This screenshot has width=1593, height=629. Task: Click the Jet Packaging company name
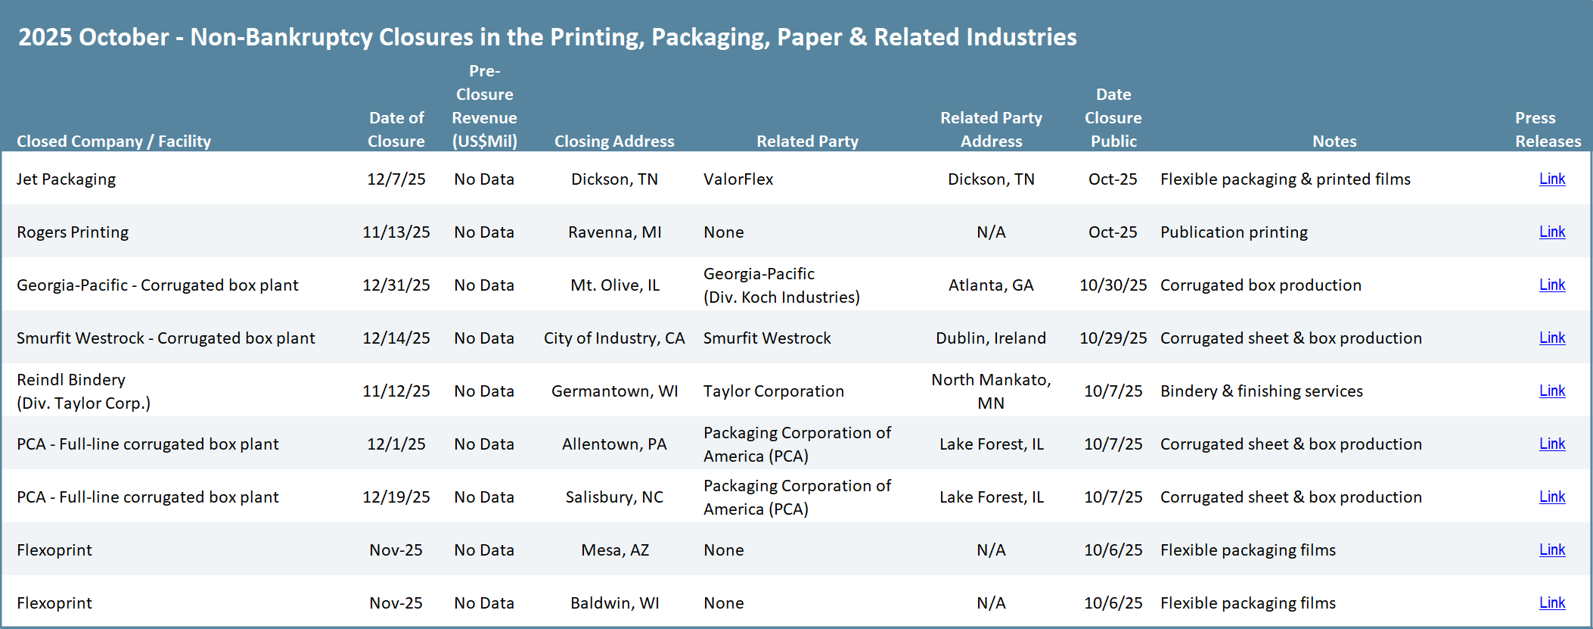tap(67, 179)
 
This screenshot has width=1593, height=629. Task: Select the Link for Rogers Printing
tap(1552, 232)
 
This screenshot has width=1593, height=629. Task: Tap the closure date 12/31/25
tap(396, 285)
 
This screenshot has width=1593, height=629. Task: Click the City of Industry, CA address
tap(614, 338)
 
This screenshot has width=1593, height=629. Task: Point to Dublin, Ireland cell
tap(991, 338)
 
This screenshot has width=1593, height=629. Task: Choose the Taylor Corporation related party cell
tap(773, 391)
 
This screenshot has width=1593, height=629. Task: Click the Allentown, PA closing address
tap(614, 444)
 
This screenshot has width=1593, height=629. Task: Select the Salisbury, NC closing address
tap(614, 497)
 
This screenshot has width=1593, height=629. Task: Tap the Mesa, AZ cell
tap(615, 550)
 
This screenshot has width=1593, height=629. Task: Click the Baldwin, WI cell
tap(614, 603)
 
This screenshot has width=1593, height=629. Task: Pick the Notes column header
tap(1334, 142)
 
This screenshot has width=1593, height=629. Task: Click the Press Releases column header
tap(1548, 129)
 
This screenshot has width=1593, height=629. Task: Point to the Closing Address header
tap(614, 142)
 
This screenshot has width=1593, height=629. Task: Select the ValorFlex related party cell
tap(738, 179)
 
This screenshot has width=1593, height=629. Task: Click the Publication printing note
tap(1234, 232)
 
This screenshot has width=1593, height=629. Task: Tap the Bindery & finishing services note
tap(1261, 391)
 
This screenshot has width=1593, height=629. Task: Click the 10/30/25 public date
tap(1113, 285)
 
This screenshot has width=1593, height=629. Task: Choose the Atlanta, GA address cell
tap(991, 285)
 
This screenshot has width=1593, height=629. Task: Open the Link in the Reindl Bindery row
tap(1552, 391)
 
